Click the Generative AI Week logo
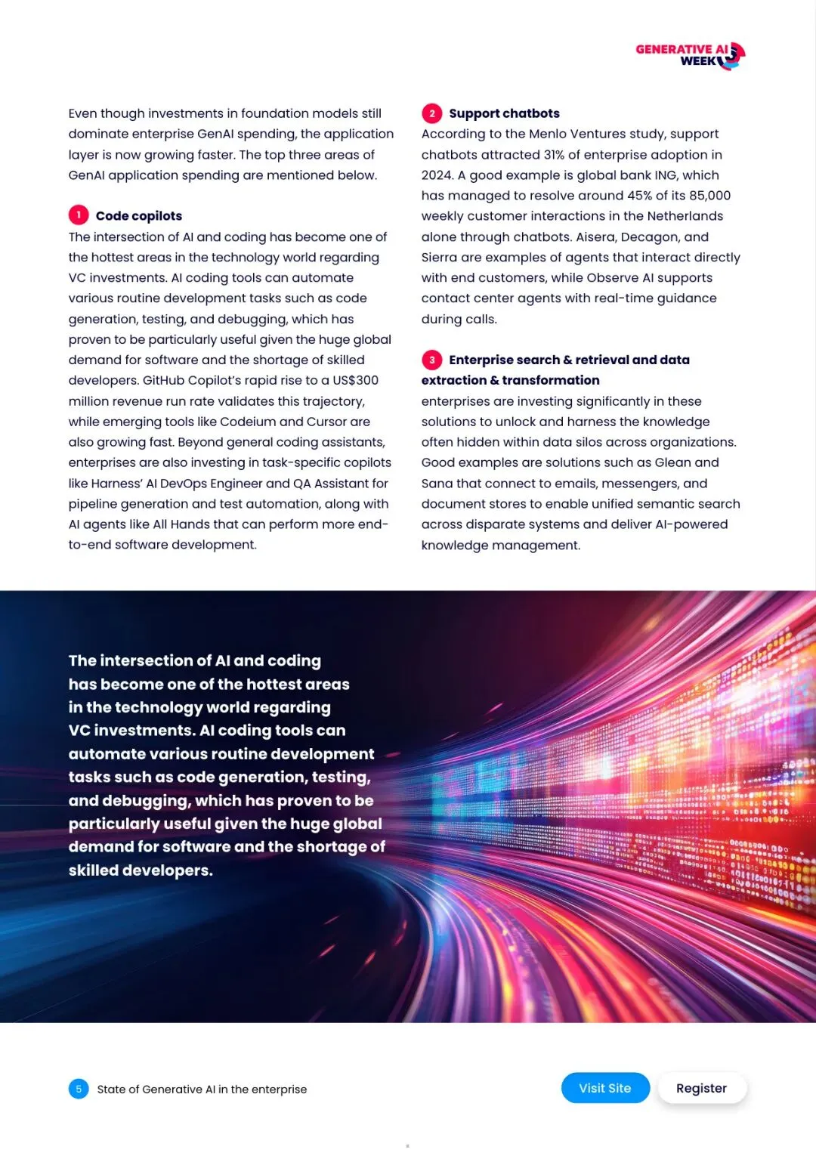click(690, 55)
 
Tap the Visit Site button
click(605, 1088)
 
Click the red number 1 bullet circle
click(79, 215)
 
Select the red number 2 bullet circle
click(431, 113)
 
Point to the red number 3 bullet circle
click(431, 360)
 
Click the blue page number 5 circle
click(79, 1089)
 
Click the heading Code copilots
click(139, 216)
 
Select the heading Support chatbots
click(504, 113)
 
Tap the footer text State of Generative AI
click(202, 1090)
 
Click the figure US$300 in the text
click(355, 380)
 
